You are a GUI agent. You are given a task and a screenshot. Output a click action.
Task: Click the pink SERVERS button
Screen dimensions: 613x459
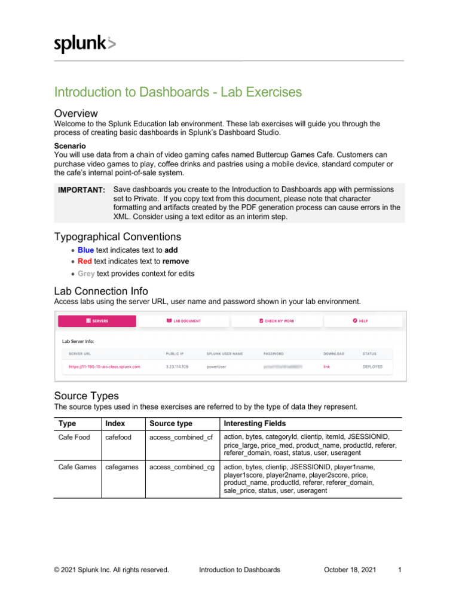click(97, 321)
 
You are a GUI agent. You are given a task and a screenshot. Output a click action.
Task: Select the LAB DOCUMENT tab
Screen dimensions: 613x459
click(183, 321)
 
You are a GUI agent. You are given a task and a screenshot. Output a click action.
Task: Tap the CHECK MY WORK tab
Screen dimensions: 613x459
click(277, 321)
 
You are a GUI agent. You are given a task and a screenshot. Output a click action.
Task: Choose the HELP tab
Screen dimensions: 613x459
click(360, 321)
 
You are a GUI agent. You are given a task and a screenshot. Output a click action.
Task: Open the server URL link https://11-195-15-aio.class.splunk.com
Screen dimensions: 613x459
click(105, 366)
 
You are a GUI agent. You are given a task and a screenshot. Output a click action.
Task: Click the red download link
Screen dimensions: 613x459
click(327, 366)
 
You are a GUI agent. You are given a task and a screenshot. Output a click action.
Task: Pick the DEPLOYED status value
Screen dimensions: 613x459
click(372, 366)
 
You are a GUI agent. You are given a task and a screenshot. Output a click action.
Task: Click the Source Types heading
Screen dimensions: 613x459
click(86, 396)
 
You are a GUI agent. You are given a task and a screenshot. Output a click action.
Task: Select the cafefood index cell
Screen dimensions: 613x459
click(118, 437)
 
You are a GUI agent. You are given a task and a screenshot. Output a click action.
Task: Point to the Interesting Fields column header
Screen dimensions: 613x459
click(255, 424)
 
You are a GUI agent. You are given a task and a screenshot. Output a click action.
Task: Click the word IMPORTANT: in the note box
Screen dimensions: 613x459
click(81, 190)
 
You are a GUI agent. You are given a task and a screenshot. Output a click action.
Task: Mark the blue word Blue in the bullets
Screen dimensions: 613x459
click(85, 250)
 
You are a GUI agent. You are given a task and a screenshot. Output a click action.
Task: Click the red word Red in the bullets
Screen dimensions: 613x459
click(84, 262)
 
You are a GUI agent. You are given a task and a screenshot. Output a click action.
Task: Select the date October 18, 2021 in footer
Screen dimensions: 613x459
click(350, 570)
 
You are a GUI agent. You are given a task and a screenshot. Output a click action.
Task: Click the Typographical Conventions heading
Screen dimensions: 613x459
click(118, 236)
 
